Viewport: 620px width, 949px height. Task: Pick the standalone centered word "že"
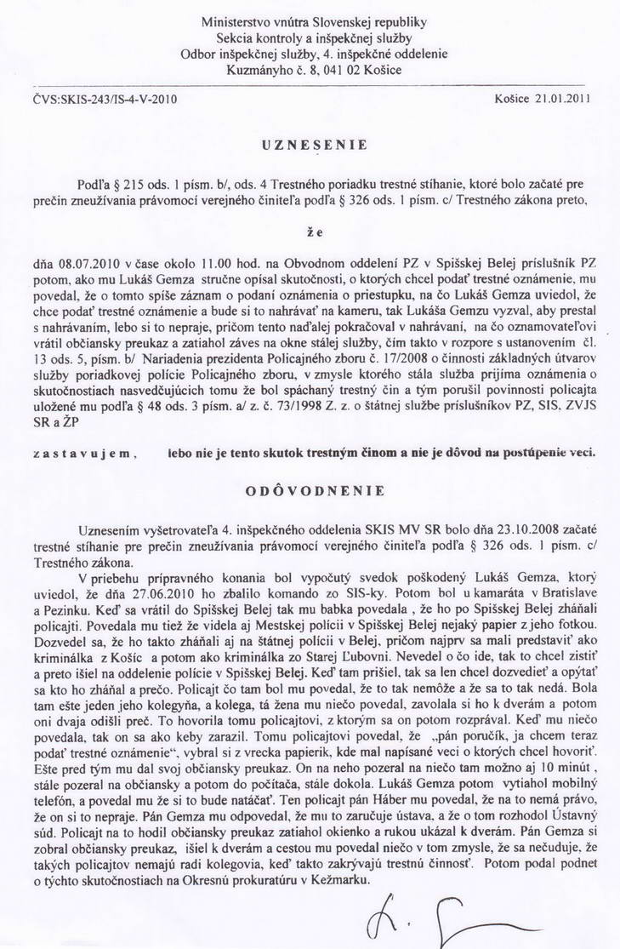coord(313,229)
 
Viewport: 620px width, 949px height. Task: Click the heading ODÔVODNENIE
coord(309,491)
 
